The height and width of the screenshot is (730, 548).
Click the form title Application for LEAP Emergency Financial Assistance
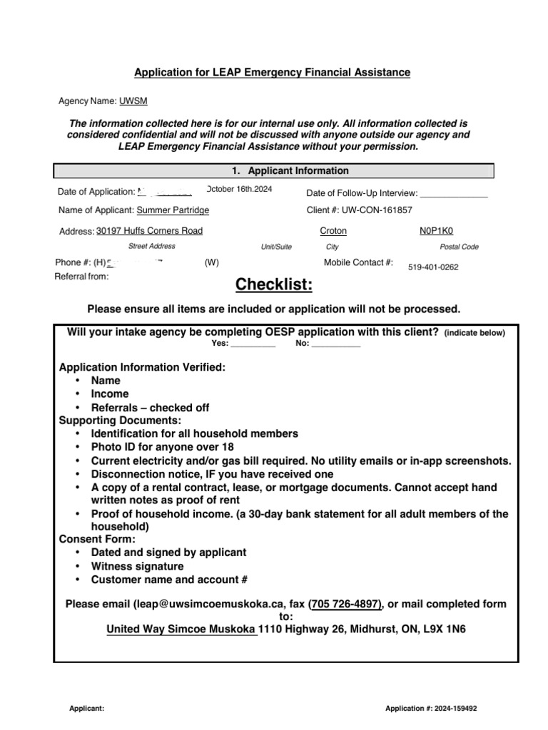[x=273, y=73]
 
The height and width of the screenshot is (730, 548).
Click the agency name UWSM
[x=133, y=101]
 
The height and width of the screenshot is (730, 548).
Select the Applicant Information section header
[x=290, y=171]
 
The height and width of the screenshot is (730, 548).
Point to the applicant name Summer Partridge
[x=173, y=210]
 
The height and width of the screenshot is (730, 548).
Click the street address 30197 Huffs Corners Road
[x=149, y=231]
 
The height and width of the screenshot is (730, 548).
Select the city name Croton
[x=333, y=231]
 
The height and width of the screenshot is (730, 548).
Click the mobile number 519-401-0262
[x=433, y=268]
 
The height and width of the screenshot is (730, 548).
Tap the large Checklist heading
[x=274, y=286]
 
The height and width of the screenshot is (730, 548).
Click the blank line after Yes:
[x=253, y=344]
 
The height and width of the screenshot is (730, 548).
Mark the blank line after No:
[x=336, y=344]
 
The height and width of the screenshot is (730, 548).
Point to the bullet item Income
[x=110, y=394]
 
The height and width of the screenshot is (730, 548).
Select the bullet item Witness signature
[x=137, y=567]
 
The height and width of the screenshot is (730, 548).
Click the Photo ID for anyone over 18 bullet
[x=162, y=448]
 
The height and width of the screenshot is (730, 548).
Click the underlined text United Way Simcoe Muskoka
[x=181, y=630]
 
